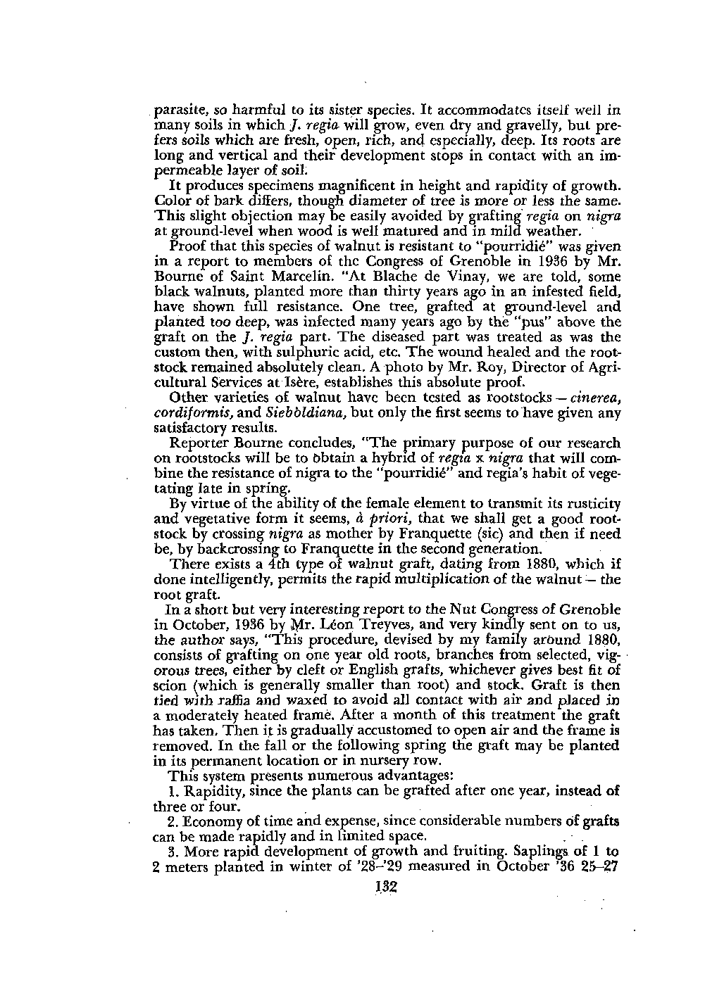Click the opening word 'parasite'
click(x=177, y=110)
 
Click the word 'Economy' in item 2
click(x=211, y=821)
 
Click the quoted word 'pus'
click(x=539, y=322)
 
